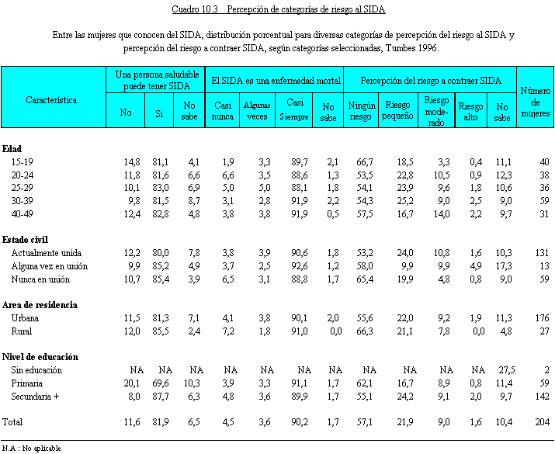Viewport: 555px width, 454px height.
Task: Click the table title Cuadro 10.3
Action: coord(279,10)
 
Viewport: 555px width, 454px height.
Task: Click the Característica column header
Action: coord(51,100)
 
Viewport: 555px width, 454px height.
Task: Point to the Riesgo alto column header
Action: coord(470,106)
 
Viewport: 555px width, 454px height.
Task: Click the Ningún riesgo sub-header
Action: coord(361,112)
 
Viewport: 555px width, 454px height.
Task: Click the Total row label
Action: coord(14,423)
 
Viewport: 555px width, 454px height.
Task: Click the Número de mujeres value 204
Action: coord(542,423)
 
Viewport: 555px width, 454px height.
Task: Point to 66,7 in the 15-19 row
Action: coord(361,161)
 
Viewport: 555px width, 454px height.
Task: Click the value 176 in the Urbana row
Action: coord(542,317)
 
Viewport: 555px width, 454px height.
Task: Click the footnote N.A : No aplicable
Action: coord(32,448)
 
